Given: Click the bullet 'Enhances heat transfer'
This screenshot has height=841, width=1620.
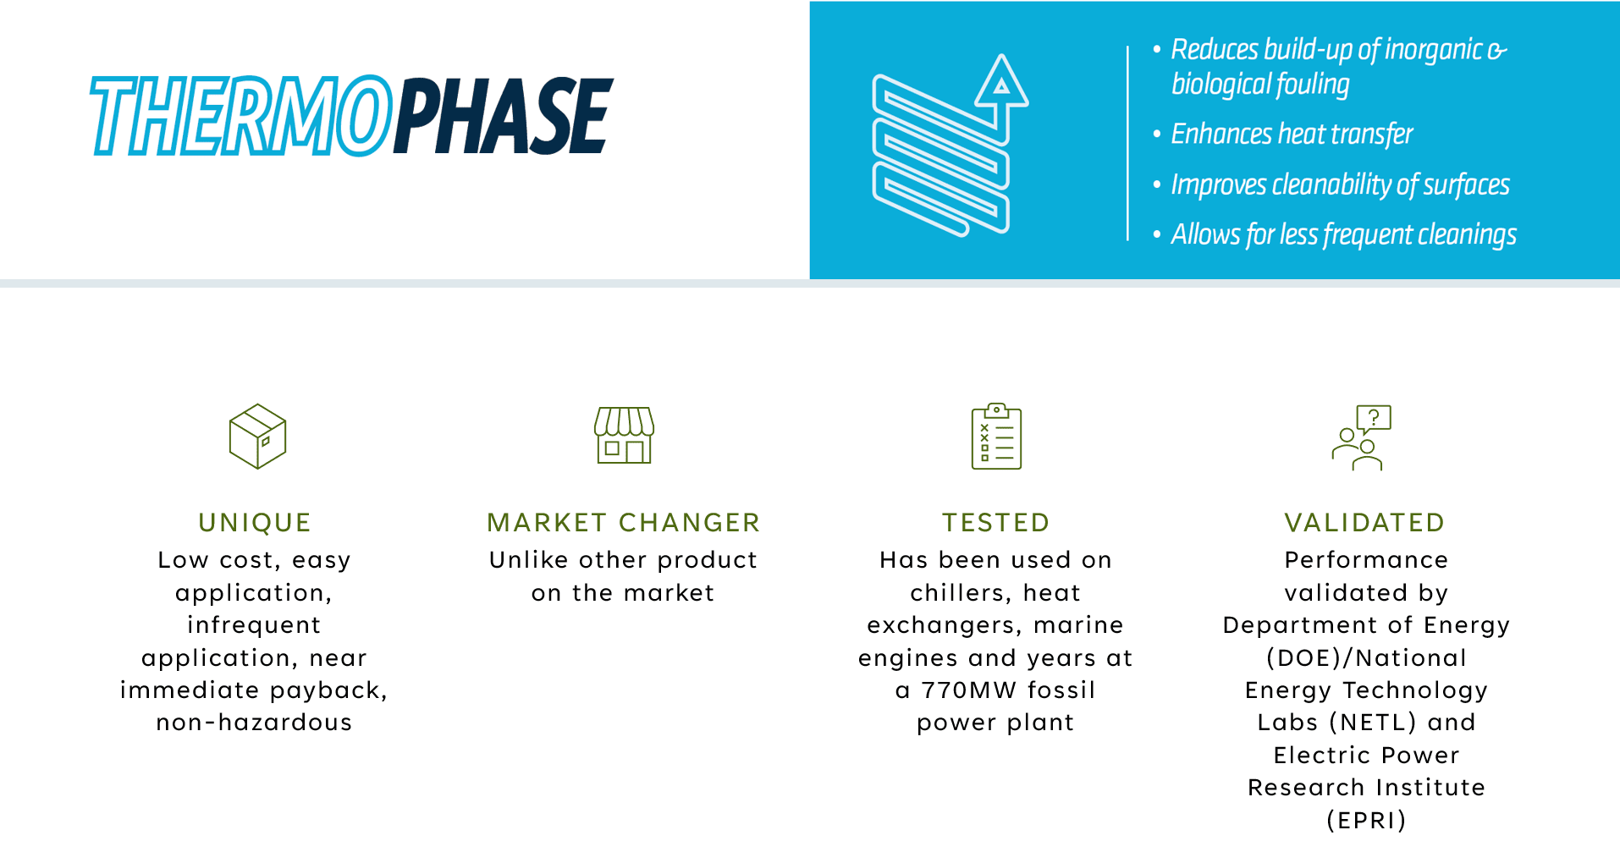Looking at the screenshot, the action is click(x=1292, y=134).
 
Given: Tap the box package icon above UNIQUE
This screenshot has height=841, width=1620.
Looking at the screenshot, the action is click(x=257, y=436).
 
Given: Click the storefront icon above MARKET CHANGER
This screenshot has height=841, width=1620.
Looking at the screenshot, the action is click(x=625, y=435).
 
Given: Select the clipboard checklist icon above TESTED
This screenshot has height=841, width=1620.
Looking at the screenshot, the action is click(x=996, y=436).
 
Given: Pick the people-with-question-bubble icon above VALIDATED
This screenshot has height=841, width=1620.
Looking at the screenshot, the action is click(x=1361, y=437).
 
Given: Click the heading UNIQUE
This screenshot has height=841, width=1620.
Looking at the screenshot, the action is click(x=255, y=522).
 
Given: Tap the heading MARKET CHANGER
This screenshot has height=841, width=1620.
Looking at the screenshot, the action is click(x=624, y=522).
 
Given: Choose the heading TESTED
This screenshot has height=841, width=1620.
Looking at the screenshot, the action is click(x=996, y=522).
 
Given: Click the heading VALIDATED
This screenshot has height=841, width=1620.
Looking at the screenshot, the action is click(x=1364, y=522).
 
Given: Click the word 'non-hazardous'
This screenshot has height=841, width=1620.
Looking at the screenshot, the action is click(x=254, y=722).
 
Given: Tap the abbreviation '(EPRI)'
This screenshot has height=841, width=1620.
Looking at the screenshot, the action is click(x=1366, y=820).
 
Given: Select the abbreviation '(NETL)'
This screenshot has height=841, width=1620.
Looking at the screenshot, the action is click(x=1373, y=722).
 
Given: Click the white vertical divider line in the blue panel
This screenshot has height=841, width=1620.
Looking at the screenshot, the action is click(x=1127, y=143).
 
